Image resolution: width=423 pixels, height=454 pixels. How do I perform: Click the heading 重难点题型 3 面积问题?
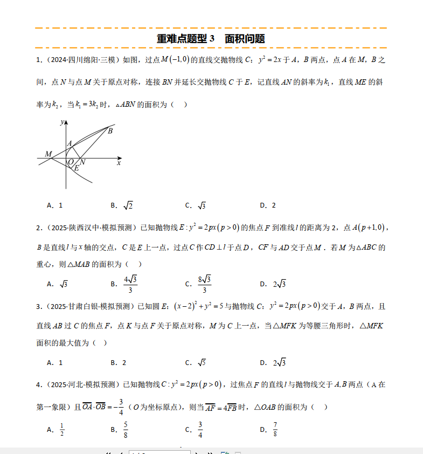tap(211, 39)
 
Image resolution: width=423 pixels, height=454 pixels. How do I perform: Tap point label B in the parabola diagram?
tap(110, 130)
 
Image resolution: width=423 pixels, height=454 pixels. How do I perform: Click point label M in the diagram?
tap(48, 154)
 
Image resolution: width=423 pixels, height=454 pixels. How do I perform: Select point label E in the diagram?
tap(77, 168)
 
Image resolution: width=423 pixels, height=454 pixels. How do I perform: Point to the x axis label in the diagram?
tap(119, 162)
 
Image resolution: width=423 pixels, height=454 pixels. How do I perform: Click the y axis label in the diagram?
tap(63, 122)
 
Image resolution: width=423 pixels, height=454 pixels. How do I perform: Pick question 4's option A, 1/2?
tap(61, 429)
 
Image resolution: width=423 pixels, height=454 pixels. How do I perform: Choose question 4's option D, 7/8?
tap(275, 429)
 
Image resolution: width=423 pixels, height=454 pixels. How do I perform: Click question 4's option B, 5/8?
tap(126, 429)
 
